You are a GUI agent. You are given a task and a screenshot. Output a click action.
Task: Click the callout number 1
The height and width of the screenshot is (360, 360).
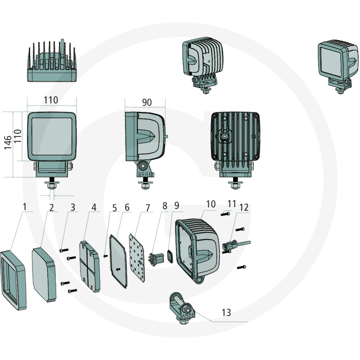click(x=26, y=207)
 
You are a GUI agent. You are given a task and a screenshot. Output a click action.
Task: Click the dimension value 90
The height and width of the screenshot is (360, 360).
click(x=147, y=102)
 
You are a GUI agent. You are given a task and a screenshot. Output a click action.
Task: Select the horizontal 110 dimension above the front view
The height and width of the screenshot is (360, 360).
click(x=51, y=100)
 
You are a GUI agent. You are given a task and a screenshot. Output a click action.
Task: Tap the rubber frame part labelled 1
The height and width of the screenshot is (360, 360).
click(x=13, y=280)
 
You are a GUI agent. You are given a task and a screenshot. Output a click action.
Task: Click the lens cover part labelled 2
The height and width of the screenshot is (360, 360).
click(x=44, y=274)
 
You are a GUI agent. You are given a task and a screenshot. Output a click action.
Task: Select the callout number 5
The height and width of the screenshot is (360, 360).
click(x=114, y=208)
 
